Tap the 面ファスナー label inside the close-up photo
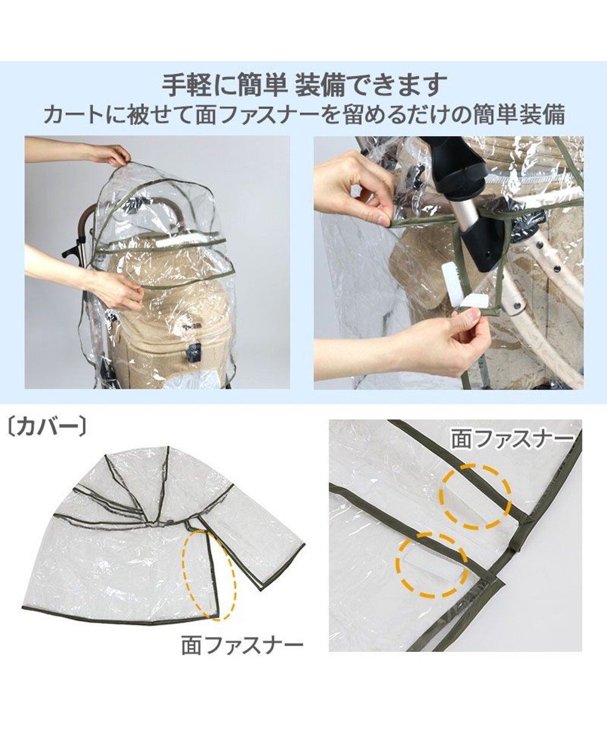point(512,440)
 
